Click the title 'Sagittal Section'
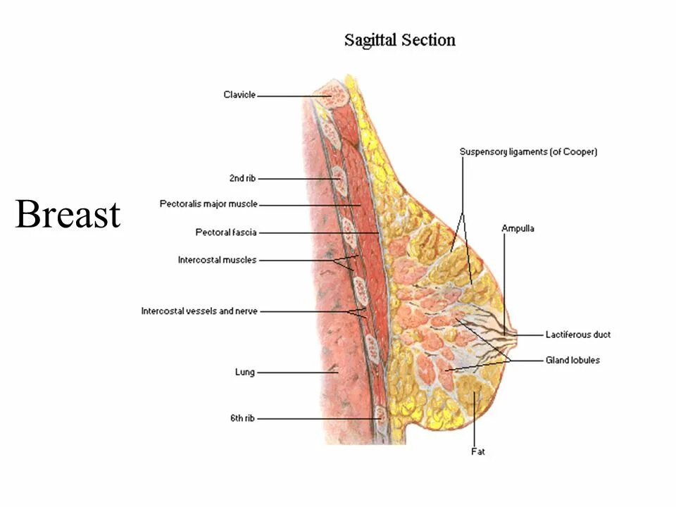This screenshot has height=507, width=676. point(399,40)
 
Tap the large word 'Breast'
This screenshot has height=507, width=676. point(68,214)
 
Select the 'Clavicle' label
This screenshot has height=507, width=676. point(239,95)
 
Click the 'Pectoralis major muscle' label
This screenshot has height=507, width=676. point(208,205)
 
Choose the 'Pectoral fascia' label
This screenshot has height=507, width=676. point(226,232)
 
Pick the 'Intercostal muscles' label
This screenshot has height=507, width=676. point(217,261)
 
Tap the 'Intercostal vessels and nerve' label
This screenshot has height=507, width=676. point(199,311)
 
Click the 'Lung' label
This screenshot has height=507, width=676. point(245,372)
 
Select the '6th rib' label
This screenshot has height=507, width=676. point(242,418)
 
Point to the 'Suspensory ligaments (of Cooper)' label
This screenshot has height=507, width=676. point(528,151)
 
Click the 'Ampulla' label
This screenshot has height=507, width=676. point(518,228)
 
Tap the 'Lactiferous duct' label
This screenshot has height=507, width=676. point(577,334)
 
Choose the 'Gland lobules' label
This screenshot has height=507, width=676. point(572,361)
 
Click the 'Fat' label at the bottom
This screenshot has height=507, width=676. point(478,451)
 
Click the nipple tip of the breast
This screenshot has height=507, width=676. point(518,334)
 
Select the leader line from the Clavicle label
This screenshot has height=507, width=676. point(289,95)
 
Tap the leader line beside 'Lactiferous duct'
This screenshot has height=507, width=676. point(531,334)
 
